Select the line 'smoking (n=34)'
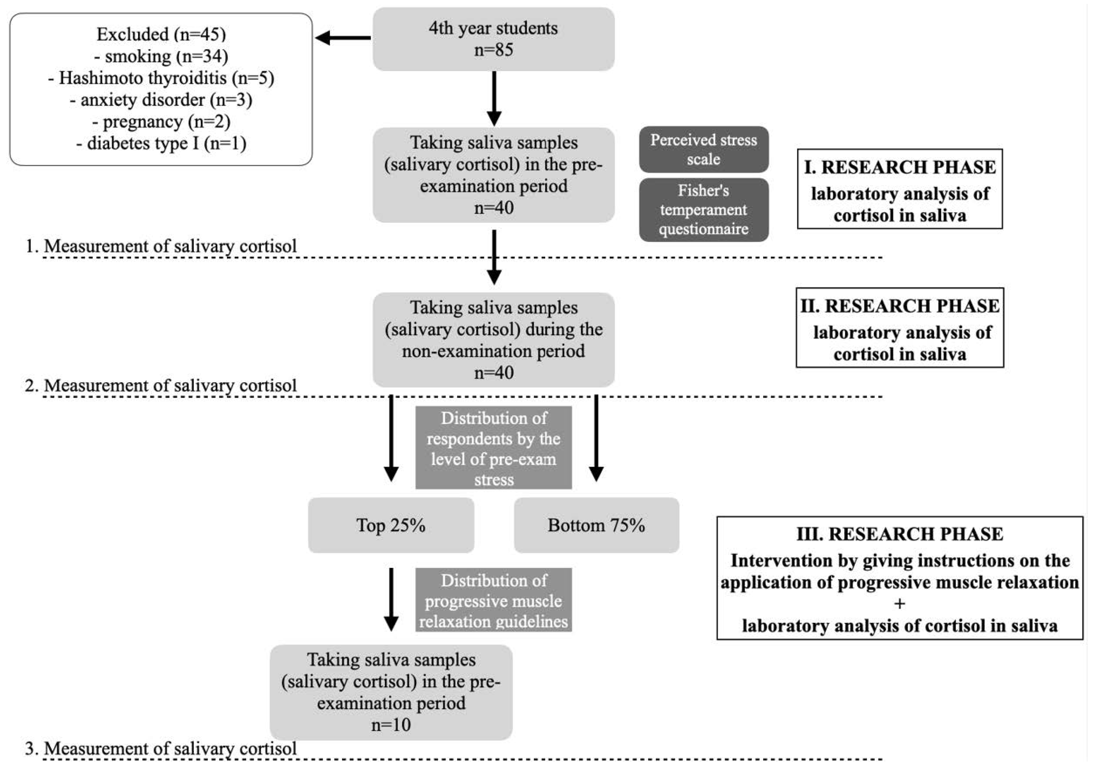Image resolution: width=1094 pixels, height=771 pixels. (161, 56)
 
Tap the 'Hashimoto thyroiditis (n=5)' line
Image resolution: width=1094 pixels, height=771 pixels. (161, 78)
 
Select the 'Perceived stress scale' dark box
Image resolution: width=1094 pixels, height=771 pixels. (703, 149)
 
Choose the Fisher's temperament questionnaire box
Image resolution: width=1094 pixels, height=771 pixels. (703, 210)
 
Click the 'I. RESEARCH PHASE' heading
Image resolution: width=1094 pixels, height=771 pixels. (899, 167)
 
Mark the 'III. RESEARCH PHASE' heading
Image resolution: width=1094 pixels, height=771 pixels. (899, 534)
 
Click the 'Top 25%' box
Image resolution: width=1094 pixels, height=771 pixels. (391, 525)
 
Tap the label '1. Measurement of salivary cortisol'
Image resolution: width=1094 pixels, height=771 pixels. (161, 246)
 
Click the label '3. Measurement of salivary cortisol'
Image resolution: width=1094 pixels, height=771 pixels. (161, 748)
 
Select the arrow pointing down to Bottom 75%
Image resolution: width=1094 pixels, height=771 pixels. (596, 438)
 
